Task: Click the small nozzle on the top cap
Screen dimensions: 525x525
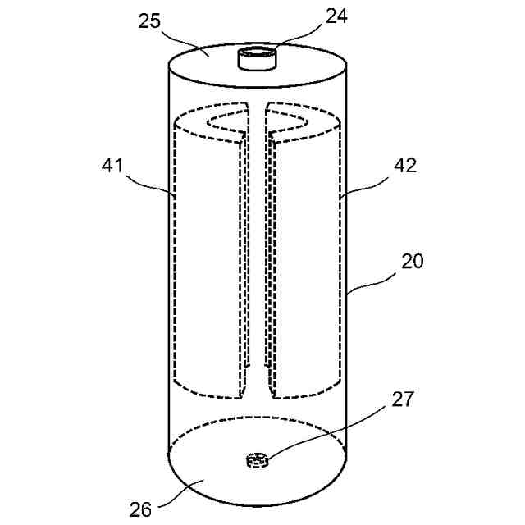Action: point(255,59)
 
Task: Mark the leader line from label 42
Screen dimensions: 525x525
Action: point(367,185)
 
